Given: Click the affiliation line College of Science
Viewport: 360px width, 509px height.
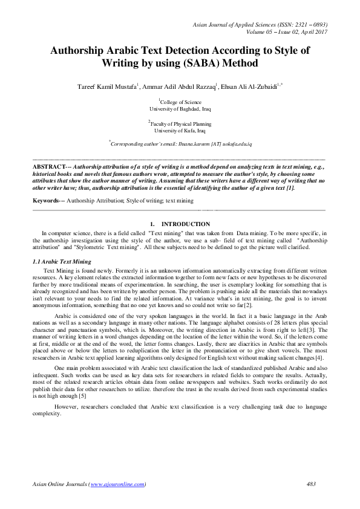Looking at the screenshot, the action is [180, 103].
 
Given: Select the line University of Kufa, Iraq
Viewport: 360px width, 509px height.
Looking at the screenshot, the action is [180, 130].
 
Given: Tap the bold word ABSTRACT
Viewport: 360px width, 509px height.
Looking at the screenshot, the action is [48, 165].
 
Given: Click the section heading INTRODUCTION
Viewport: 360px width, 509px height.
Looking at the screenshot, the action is [186, 224].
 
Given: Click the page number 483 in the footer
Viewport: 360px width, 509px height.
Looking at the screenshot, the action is [312, 484].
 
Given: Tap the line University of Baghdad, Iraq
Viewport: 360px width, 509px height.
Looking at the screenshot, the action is [180, 110].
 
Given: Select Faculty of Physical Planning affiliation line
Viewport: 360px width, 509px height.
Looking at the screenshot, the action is [180, 123].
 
